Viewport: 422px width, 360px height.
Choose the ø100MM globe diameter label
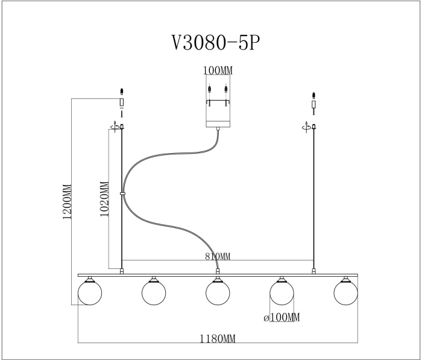point(282,317)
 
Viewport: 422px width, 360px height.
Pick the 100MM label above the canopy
point(218,71)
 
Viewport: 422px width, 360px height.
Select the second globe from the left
point(154,293)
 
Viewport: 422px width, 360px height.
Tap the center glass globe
point(218,293)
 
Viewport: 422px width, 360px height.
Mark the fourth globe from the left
point(282,293)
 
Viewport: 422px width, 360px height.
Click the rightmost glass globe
point(345,293)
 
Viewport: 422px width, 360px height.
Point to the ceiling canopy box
point(218,99)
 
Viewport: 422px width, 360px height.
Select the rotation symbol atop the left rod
point(115,126)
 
